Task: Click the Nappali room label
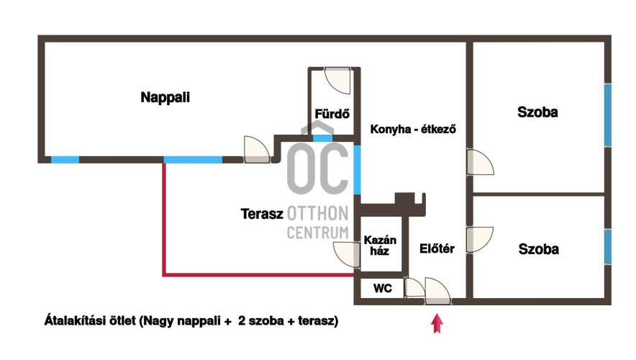[x=165, y=97]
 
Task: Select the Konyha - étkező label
[x=414, y=130]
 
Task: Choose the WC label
[x=383, y=289]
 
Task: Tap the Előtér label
[x=437, y=249]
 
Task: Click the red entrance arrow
[x=436, y=324]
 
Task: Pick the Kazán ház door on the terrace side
[x=346, y=254]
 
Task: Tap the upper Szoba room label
[x=538, y=112]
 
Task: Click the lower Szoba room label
[x=539, y=249]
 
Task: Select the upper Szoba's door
[x=479, y=163]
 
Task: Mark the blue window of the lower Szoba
[x=608, y=246]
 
